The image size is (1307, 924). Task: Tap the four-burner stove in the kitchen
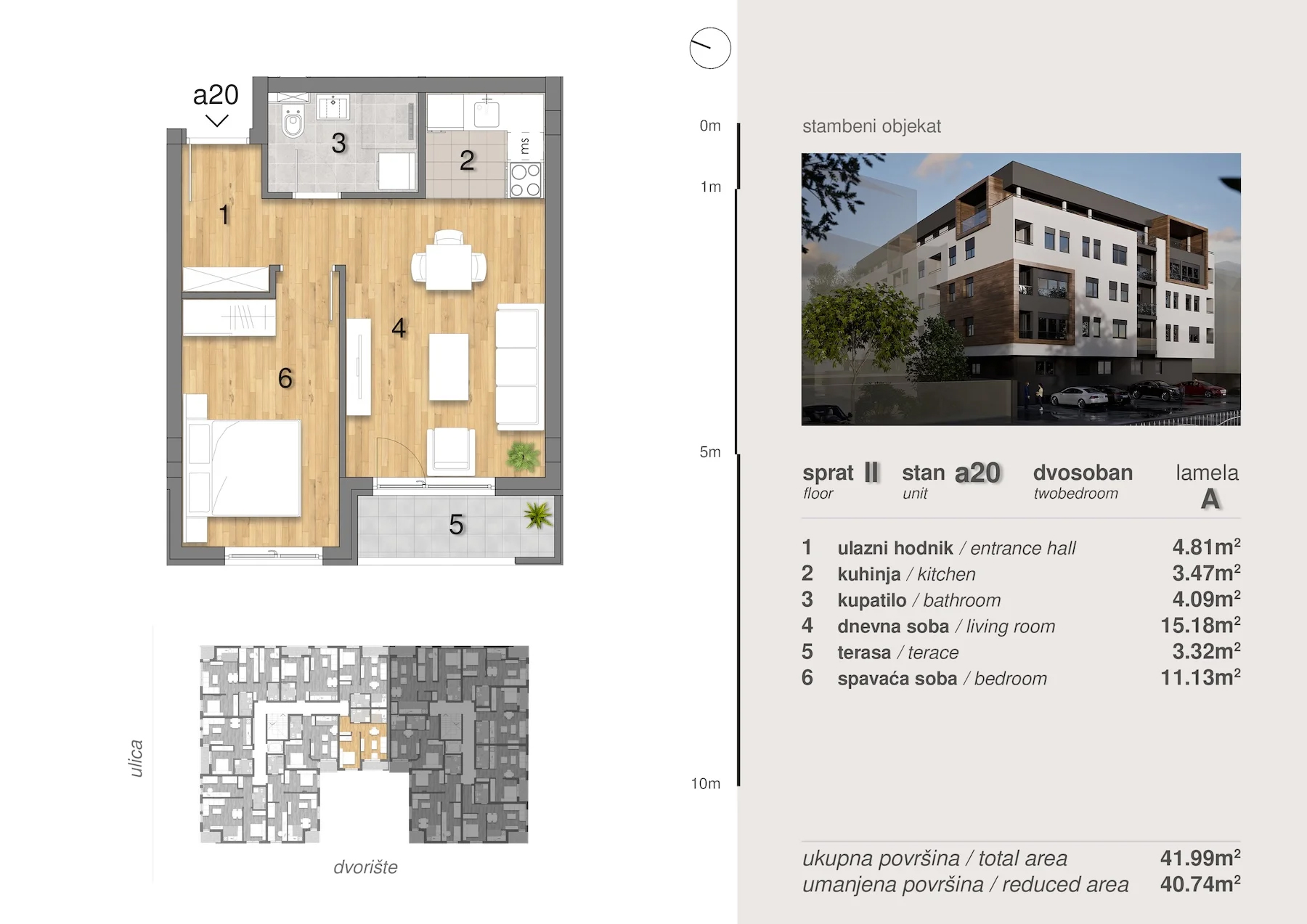pos(525,179)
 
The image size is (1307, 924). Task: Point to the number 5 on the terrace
pos(456,524)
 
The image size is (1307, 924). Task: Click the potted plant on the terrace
pos(538,515)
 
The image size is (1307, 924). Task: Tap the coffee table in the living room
pos(449,367)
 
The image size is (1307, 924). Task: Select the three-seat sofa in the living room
pos(520,367)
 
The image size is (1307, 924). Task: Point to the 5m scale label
pos(710,452)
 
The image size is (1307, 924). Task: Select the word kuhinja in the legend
pos(869,574)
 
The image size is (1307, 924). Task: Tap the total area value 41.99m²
pos(1200,857)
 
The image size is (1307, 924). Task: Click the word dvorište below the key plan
pos(365,867)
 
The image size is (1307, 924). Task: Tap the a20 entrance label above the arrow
pos(216,94)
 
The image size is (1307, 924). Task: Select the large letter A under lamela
pos(1210,499)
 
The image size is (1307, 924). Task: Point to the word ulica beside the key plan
pos(136,759)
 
